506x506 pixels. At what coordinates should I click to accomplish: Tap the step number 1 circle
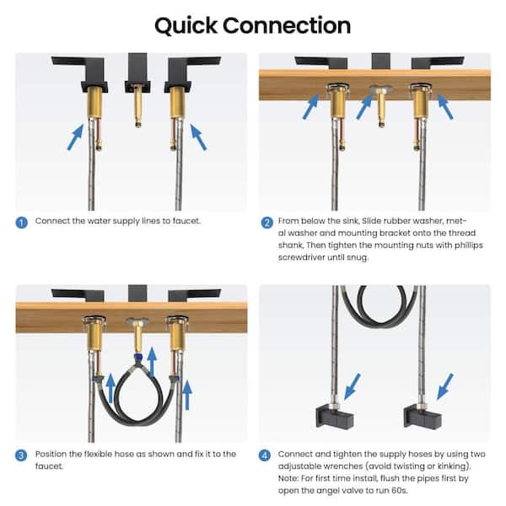[21, 222]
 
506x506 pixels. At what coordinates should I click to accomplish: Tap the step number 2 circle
[266, 223]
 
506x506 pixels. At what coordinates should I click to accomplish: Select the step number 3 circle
[21, 454]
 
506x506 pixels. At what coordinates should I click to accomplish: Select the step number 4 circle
[266, 455]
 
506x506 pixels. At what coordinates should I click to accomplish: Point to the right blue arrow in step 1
[198, 136]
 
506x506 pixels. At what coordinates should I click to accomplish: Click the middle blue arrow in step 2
[365, 104]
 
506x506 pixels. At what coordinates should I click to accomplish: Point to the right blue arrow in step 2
[444, 105]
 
